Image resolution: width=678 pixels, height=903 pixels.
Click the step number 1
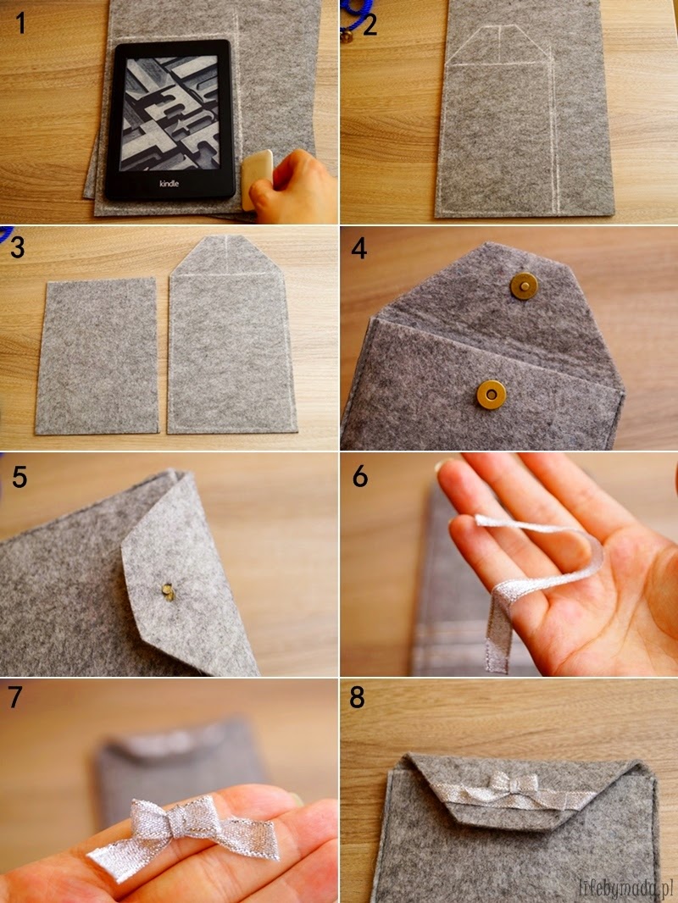(20, 23)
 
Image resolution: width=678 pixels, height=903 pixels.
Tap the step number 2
(370, 25)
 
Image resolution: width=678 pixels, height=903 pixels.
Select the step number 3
(17, 247)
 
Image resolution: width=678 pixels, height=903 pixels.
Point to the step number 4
(358, 248)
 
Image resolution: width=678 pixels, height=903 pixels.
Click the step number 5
(19, 477)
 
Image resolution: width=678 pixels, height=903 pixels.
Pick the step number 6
(360, 476)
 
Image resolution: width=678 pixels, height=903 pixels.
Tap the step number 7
(15, 697)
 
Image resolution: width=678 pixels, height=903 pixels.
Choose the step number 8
(357, 697)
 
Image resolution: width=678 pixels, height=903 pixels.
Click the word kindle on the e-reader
(169, 184)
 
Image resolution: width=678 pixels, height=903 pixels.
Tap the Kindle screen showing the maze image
(171, 114)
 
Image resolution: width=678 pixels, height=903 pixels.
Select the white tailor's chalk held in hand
(257, 177)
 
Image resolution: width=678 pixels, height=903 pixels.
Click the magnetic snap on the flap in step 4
(524, 285)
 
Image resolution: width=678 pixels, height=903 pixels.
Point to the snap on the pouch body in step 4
(492, 394)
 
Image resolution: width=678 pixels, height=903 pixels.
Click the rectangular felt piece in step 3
(97, 356)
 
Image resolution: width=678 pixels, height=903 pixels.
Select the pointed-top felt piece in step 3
(231, 334)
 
